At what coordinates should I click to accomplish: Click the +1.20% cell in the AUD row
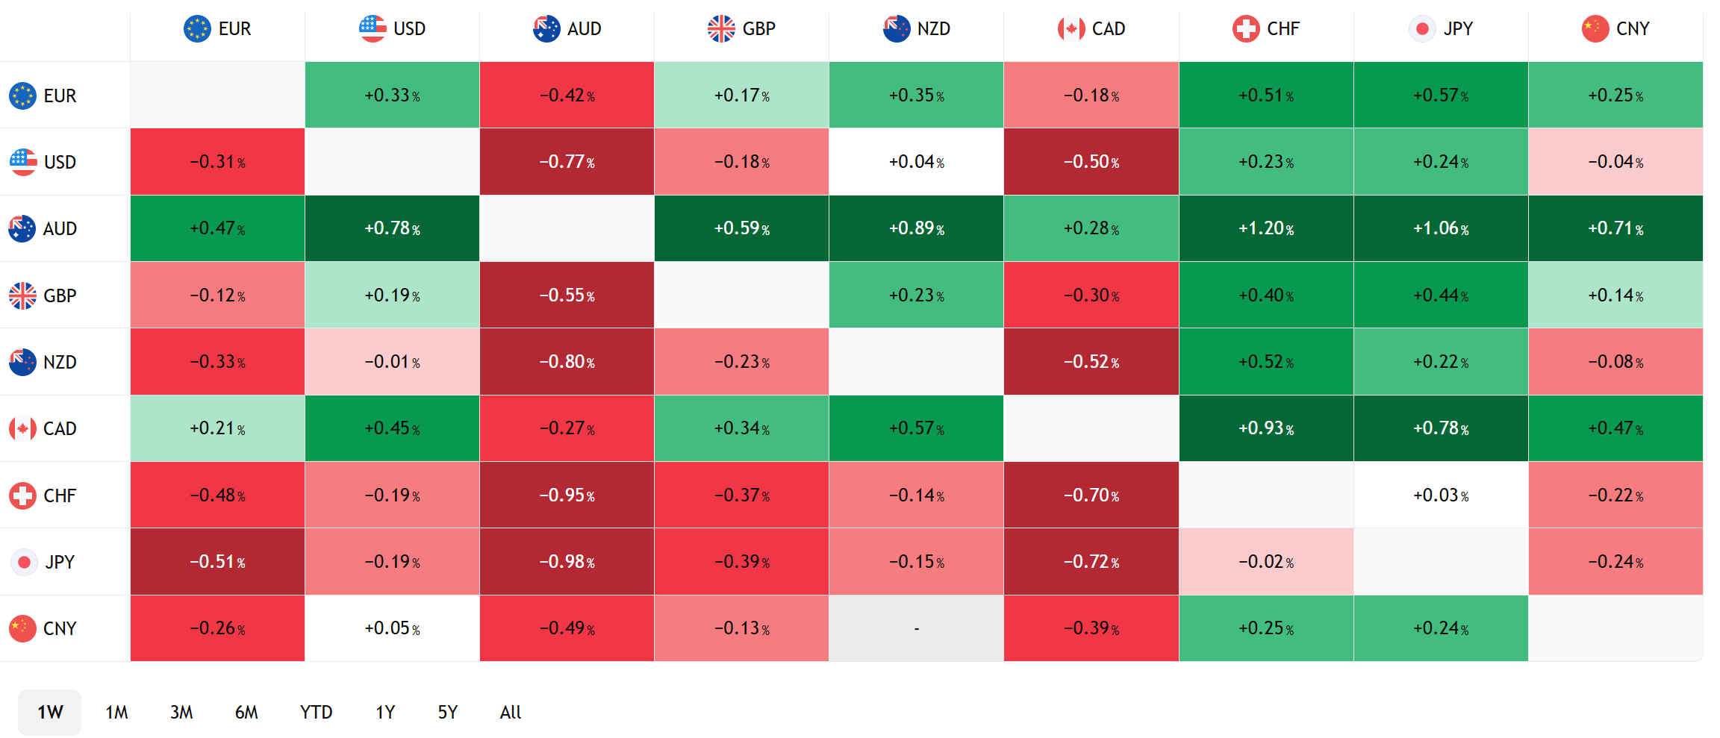point(1266,228)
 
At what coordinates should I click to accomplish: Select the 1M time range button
point(116,713)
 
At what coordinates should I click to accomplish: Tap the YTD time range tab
point(317,713)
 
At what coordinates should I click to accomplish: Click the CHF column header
point(1266,29)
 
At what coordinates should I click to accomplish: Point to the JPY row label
point(43,562)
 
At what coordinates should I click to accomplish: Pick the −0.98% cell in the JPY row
point(567,562)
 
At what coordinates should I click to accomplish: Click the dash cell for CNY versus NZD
point(916,628)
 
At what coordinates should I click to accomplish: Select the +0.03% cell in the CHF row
point(1441,495)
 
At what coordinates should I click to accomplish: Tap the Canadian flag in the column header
point(1071,29)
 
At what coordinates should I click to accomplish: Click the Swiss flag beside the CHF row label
point(22,495)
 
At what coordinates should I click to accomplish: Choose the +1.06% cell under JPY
point(1441,228)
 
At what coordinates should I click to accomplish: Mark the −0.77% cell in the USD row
point(567,162)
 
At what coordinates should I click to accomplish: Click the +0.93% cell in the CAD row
point(1266,428)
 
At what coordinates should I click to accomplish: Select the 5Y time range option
point(447,713)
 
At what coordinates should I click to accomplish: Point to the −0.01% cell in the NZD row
point(392,362)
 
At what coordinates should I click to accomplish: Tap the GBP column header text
point(759,29)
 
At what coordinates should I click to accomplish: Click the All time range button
point(511,713)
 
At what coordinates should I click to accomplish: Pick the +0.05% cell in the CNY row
point(392,628)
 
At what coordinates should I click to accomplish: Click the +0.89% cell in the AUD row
point(916,228)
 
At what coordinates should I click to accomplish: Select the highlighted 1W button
point(50,713)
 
